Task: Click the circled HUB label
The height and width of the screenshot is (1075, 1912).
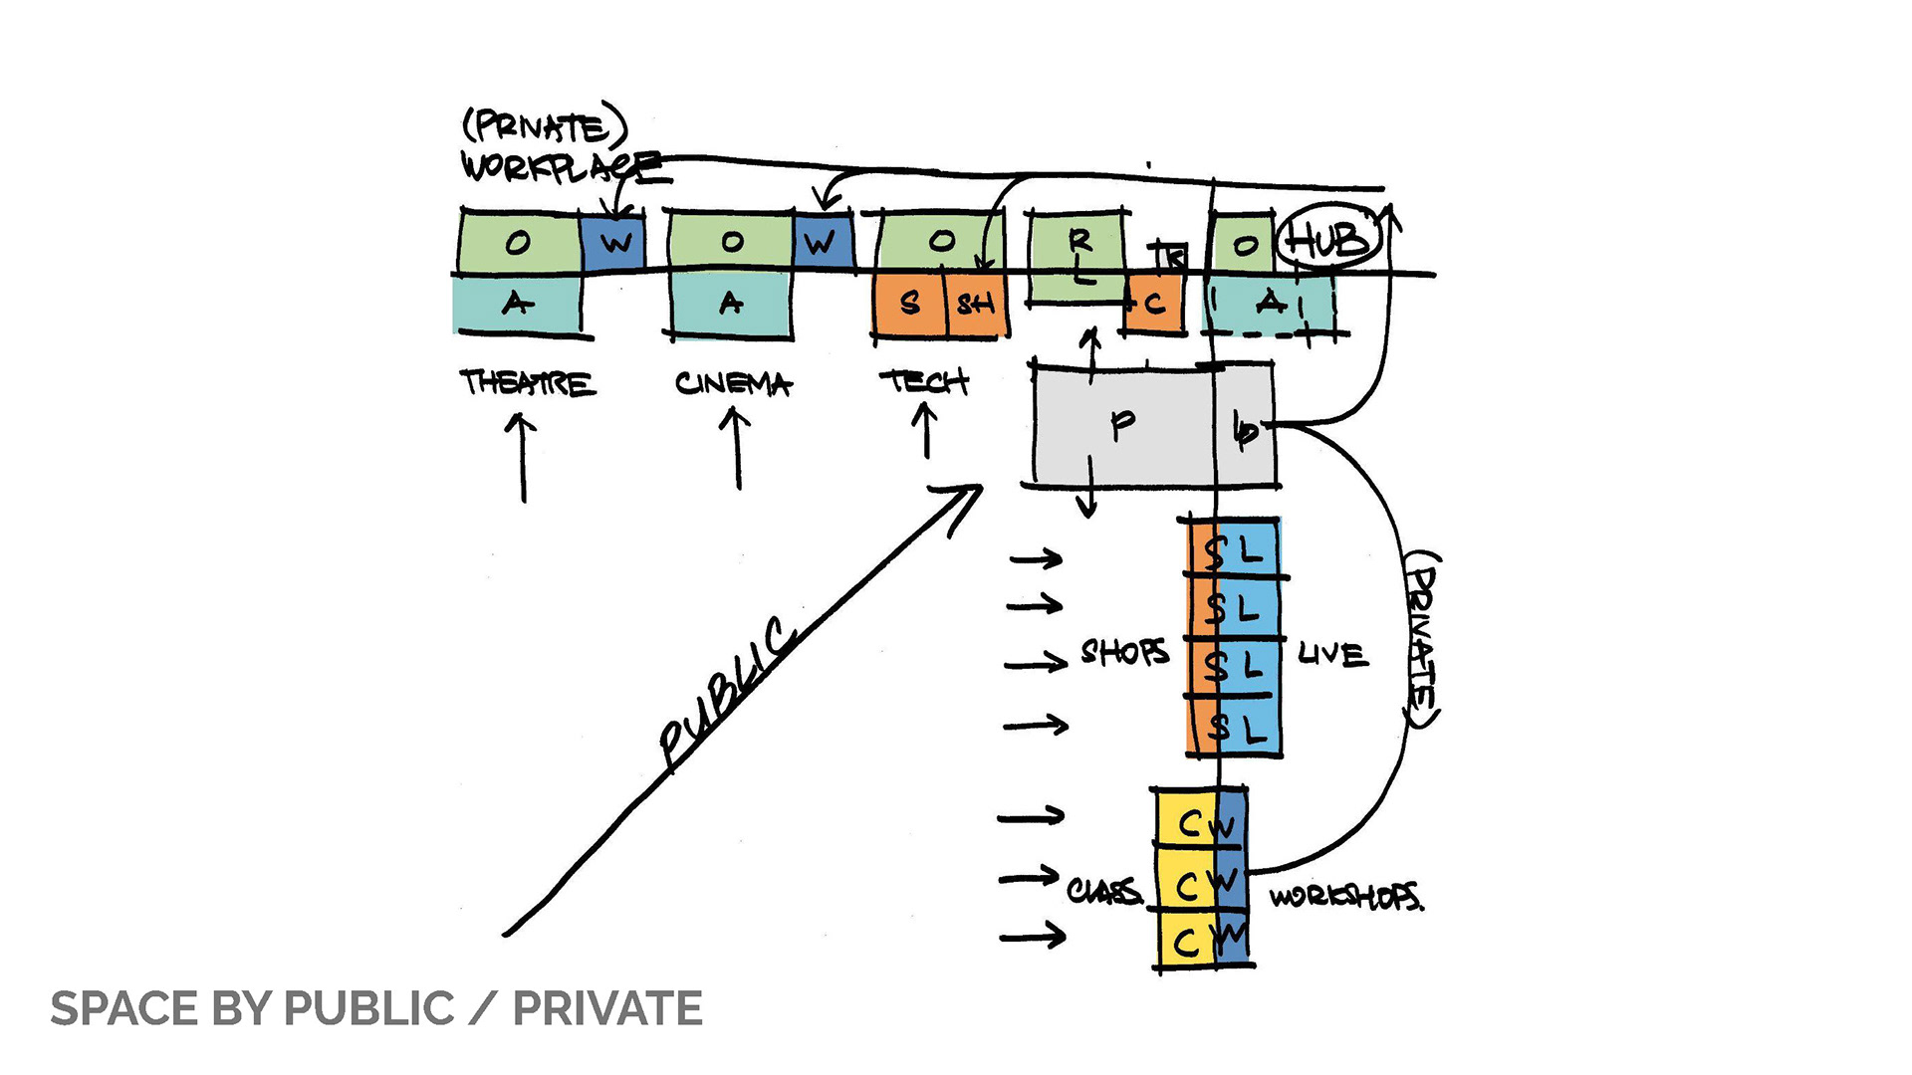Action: (x=1329, y=240)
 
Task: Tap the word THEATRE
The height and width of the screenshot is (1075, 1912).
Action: (x=527, y=383)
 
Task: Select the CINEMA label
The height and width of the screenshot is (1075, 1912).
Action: (x=733, y=384)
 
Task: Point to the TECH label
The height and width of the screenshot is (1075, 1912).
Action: (x=923, y=381)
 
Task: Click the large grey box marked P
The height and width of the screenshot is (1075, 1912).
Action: (x=1122, y=425)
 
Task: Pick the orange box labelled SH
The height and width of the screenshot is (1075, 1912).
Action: (x=974, y=304)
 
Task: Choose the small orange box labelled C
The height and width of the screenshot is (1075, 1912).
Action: (x=1154, y=304)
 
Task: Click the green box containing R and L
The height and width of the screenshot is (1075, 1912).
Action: (x=1078, y=256)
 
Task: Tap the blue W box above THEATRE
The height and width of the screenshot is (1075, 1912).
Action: (x=613, y=242)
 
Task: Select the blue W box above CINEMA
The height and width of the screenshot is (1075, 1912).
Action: (x=823, y=242)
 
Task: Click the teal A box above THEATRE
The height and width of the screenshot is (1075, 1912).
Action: (x=517, y=304)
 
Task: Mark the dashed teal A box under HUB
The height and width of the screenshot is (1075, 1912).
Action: (x=1269, y=303)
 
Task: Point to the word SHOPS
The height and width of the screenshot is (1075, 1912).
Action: (x=1124, y=653)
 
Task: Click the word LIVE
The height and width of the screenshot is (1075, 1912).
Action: (x=1332, y=654)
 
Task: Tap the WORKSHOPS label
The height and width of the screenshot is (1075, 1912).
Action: (x=1345, y=897)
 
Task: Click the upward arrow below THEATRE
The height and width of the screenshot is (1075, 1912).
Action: (x=522, y=458)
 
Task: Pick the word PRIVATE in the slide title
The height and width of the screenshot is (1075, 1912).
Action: (x=607, y=1009)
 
